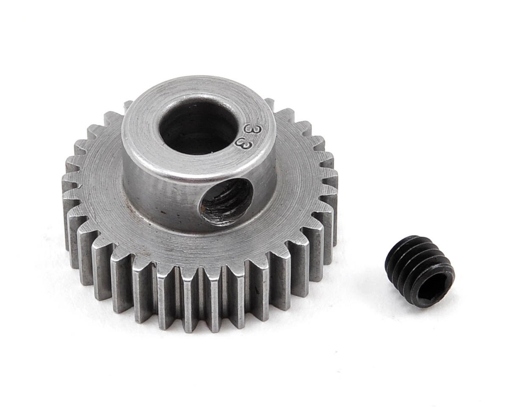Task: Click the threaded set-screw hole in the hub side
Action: coord(226,201)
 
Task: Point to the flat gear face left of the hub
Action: coord(102,178)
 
